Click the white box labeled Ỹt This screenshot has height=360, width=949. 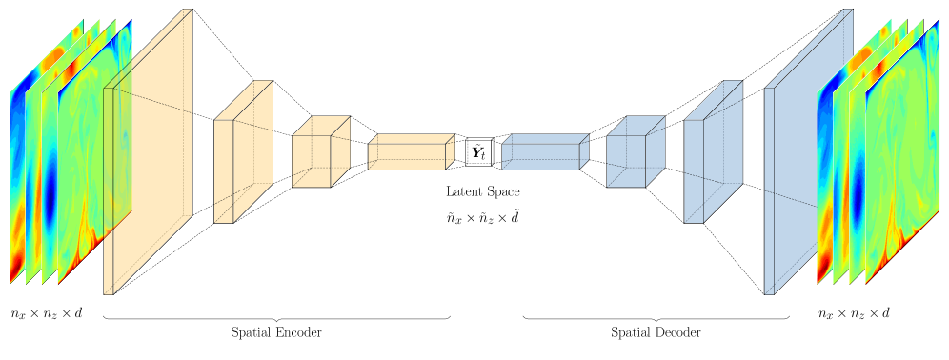click(478, 152)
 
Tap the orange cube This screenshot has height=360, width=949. click(312, 160)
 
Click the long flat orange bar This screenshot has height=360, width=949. click(407, 156)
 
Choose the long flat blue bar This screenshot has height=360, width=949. click(540, 156)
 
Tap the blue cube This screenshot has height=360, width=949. click(626, 160)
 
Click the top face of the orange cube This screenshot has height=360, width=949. click(321, 126)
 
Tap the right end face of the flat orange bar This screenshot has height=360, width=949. click(450, 151)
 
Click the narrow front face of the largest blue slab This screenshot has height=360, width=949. click(769, 190)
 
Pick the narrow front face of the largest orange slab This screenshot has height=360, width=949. click(109, 190)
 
